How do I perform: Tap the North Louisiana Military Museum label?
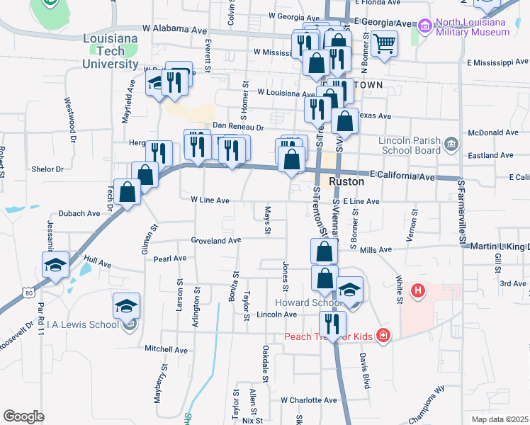click(471, 28)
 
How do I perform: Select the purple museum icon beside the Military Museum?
click(425, 27)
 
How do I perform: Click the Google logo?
click(24, 416)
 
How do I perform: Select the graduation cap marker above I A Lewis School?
click(126, 306)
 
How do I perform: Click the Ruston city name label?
click(346, 181)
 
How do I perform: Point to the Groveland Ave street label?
click(216, 241)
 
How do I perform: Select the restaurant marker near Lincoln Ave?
click(332, 324)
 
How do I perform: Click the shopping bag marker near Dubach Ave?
click(128, 192)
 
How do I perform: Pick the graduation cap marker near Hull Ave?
click(55, 265)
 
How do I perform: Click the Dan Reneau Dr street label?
click(238, 127)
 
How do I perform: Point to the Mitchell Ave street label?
click(166, 349)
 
